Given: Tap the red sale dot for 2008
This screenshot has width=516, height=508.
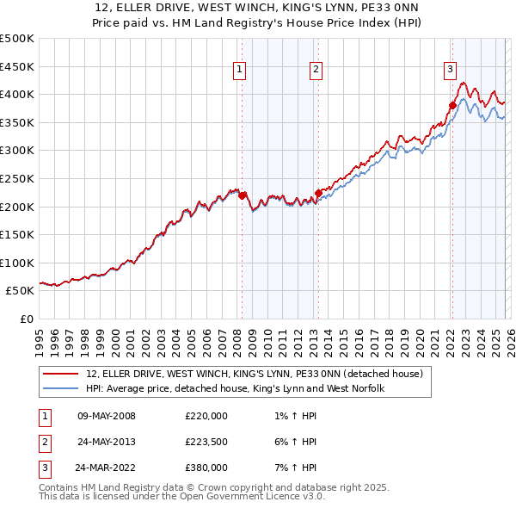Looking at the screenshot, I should click(242, 195).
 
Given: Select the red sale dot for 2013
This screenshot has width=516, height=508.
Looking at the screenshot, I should click(318, 193).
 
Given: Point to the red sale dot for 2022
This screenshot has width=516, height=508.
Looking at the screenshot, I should click(452, 106).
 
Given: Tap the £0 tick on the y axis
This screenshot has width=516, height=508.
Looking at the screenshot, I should click(25, 319).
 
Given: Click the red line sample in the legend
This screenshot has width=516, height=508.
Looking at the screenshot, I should click(60, 375).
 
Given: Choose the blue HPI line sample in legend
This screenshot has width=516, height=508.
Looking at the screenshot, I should click(60, 389).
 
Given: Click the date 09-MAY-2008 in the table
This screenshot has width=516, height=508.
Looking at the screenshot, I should click(106, 416).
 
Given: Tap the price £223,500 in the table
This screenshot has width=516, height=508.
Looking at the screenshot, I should click(206, 442).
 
